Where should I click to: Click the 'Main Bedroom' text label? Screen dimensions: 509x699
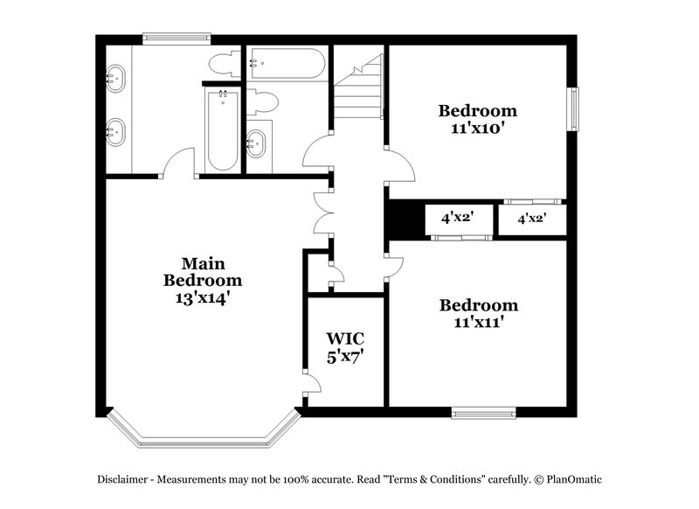click(x=202, y=272)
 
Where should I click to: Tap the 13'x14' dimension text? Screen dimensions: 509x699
click(x=202, y=297)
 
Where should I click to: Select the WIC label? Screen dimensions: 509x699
click(x=344, y=338)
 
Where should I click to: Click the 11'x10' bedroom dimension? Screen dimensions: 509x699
click(x=477, y=128)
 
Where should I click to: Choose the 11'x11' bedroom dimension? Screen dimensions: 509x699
click(x=478, y=322)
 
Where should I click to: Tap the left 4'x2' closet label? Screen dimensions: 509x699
click(x=455, y=219)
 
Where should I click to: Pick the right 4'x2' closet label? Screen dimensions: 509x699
click(x=531, y=219)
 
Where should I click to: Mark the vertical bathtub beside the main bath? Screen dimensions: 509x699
click(x=222, y=131)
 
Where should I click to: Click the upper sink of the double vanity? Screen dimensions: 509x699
click(x=115, y=79)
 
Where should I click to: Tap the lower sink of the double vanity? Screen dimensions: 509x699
click(x=115, y=133)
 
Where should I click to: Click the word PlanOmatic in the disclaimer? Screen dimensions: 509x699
click(x=573, y=479)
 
